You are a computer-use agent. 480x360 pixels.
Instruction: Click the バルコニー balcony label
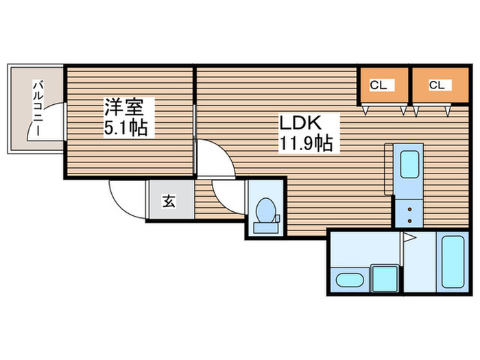tap(38, 108)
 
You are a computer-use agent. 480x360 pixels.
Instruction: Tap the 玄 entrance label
tap(169, 201)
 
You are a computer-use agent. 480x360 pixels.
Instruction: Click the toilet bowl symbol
tap(265, 210)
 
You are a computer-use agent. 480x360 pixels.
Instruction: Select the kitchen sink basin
tap(410, 167)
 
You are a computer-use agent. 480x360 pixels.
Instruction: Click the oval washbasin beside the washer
tap(349, 280)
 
